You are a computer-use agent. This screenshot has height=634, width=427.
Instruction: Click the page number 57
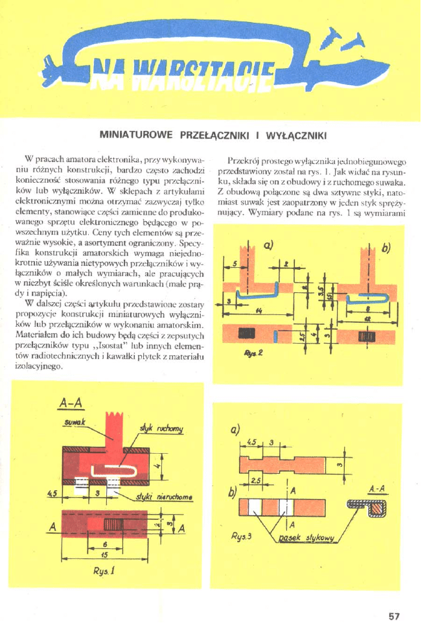395,616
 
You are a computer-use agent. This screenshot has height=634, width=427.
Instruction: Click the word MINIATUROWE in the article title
135,135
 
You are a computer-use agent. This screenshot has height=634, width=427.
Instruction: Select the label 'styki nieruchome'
161,497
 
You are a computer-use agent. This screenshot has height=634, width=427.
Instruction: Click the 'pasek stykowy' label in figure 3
305,539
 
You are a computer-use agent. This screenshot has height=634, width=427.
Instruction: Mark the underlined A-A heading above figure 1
69,404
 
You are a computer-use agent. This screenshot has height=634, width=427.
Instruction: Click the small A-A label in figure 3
377,488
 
